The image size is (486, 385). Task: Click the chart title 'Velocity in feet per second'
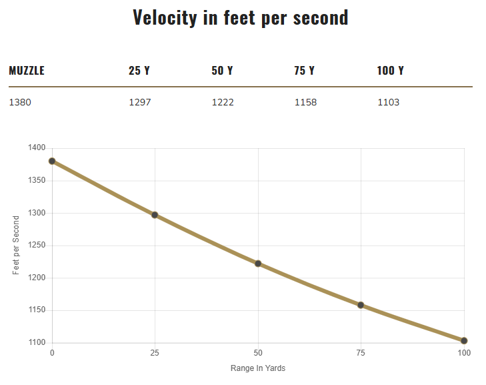tap(241, 17)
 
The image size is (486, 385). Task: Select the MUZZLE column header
tap(27, 71)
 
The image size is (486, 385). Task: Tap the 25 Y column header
tap(139, 71)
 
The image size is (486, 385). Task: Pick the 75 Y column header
tap(304, 71)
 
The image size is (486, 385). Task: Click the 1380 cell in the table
tap(20, 103)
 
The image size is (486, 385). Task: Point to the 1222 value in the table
tap(223, 103)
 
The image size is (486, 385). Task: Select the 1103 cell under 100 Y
tap(388, 103)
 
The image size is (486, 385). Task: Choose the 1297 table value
tap(140, 103)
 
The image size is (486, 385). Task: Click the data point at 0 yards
tap(52, 161)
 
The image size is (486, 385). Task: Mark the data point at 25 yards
tap(155, 215)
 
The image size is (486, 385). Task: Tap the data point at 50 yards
tap(258, 264)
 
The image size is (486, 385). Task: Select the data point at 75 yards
tap(361, 305)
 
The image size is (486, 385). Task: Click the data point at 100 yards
tap(464, 341)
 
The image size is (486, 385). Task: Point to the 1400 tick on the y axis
tap(37, 148)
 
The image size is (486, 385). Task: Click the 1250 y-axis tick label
tap(37, 246)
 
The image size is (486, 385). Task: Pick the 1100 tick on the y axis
tap(37, 343)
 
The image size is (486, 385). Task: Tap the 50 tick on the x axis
tap(258, 352)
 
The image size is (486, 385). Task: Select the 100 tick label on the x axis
tap(464, 352)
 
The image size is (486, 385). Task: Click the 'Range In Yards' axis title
tap(258, 368)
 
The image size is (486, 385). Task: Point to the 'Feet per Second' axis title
tap(16, 245)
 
